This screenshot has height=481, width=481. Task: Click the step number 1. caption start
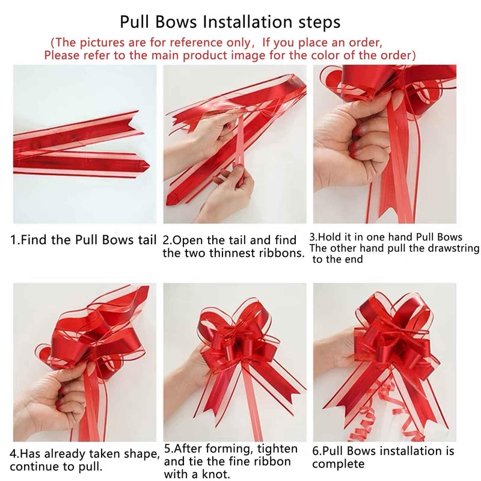pyautogui.click(x=16, y=240)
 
